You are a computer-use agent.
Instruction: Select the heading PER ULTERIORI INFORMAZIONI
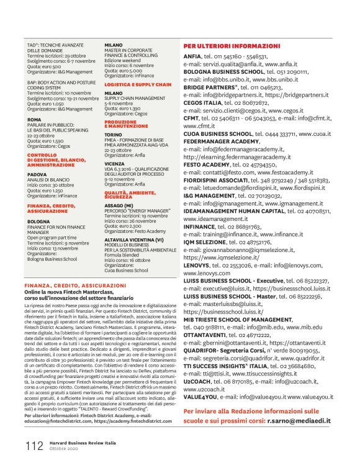coord(232,47)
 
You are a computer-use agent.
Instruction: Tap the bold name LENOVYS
coord(198,265)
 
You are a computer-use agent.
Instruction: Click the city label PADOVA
coord(37,175)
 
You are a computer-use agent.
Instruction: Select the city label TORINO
coord(113,134)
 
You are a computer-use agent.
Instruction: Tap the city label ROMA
coord(34,120)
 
